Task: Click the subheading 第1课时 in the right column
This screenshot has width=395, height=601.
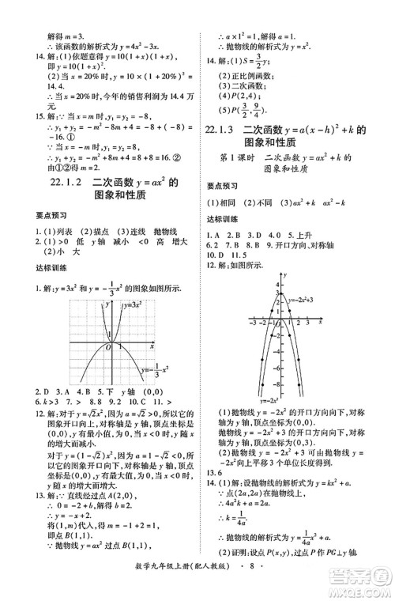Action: pos(242,180)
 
